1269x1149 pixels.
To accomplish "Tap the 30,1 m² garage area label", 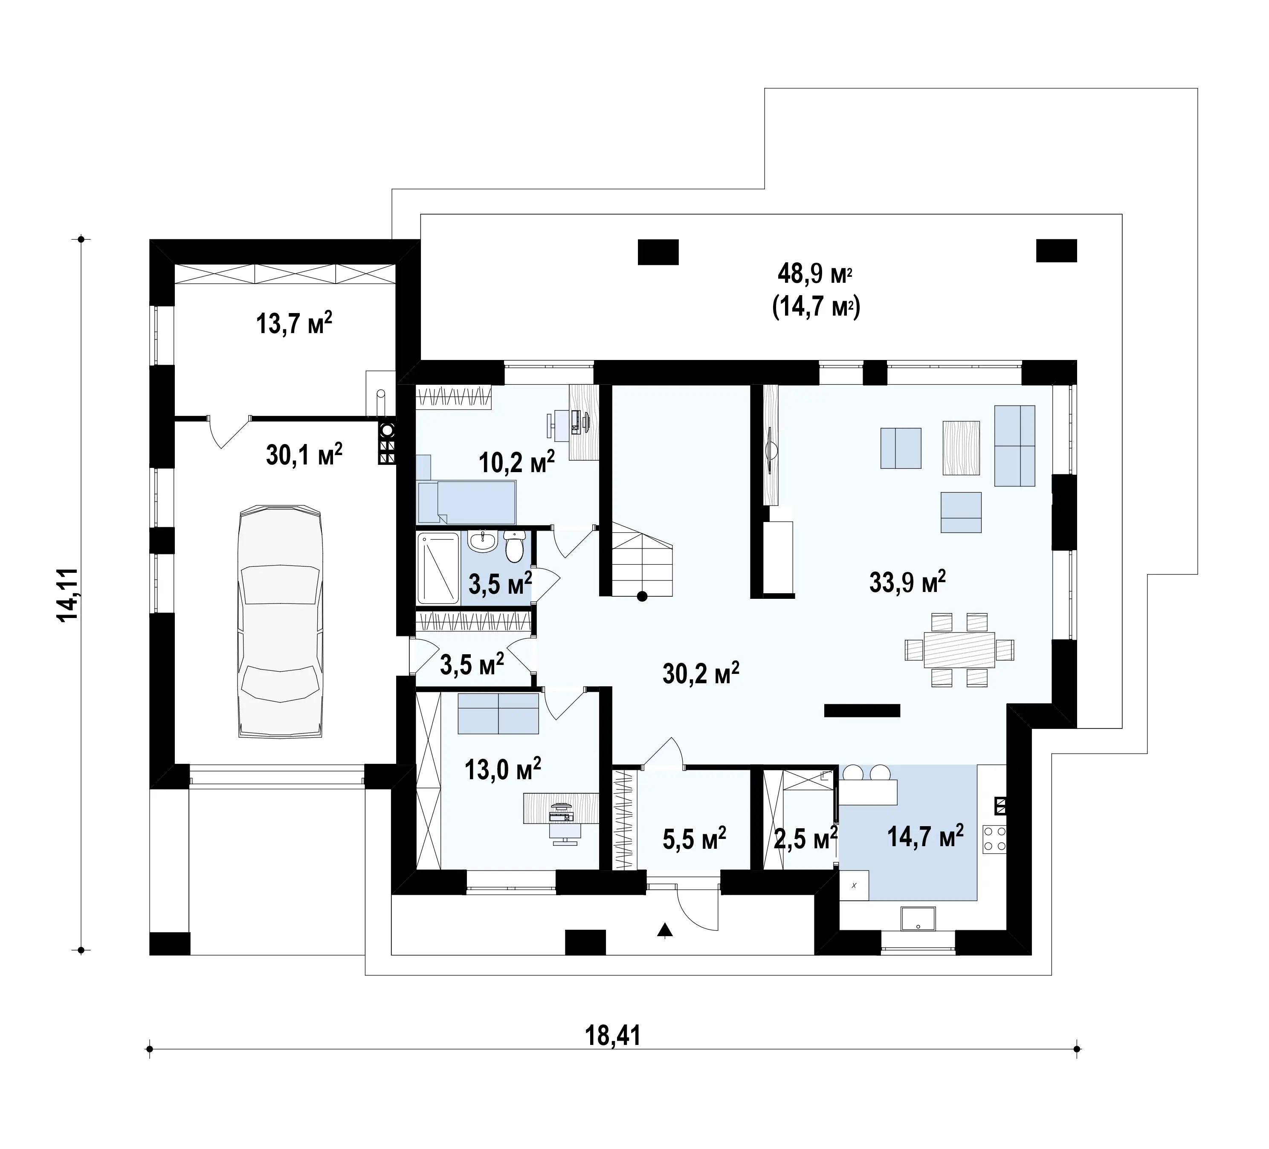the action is [x=304, y=454].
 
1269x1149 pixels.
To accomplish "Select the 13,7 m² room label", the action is [x=294, y=324].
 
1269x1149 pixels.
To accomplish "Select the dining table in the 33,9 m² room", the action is [x=959, y=649].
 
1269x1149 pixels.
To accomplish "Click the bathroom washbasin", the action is [x=483, y=541].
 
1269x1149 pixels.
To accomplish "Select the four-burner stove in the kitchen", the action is [x=994, y=839].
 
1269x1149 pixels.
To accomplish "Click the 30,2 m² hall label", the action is [x=701, y=673].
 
